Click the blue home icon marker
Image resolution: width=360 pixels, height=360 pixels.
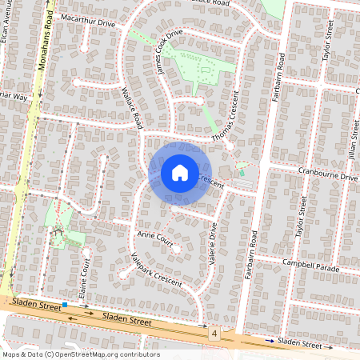pos(180,173)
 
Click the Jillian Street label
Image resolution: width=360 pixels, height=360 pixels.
pos(353,121)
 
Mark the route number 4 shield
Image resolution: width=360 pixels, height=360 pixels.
pos(214,332)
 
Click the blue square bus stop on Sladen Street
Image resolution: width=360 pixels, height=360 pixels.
pos(65,305)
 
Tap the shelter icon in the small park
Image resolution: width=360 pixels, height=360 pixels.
pos(57,231)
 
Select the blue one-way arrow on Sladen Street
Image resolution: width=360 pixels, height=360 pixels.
pos(272,342)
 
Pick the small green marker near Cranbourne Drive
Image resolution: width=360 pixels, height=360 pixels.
pos(242,172)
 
